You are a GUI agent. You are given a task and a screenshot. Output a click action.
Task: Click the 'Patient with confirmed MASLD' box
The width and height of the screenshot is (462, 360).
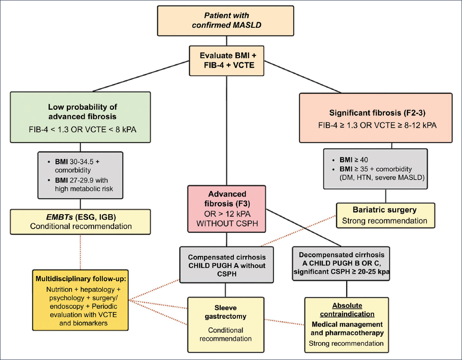click(x=226, y=21)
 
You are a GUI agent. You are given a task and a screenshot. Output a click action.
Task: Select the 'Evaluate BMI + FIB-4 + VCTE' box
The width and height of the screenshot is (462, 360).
click(x=226, y=60)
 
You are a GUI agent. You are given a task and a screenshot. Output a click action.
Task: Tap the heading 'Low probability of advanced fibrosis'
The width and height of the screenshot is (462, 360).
click(x=82, y=111)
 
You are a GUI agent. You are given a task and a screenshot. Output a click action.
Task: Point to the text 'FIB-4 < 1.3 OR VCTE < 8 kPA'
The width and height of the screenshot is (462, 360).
click(x=82, y=130)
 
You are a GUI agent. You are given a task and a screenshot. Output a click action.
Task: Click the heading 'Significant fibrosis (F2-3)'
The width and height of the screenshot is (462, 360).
click(x=377, y=113)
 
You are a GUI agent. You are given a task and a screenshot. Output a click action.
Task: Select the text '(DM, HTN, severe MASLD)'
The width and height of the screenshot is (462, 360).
click(x=382, y=178)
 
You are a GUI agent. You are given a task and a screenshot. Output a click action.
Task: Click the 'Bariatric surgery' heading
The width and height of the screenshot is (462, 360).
click(x=384, y=210)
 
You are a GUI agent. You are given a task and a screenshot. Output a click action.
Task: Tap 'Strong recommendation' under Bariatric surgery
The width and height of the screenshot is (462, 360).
click(x=384, y=221)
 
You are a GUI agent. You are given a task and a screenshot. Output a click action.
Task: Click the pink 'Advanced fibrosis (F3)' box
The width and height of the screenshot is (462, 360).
click(x=226, y=209)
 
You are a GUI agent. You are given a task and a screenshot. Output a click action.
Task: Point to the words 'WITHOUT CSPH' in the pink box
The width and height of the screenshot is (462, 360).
click(x=227, y=224)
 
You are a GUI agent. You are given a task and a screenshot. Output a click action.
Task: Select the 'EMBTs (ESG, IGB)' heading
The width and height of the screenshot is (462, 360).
click(x=81, y=217)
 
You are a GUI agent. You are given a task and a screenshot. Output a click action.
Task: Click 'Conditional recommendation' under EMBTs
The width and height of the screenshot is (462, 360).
click(x=81, y=226)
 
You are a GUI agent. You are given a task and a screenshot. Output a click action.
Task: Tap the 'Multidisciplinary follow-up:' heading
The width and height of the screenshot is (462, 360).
click(x=81, y=279)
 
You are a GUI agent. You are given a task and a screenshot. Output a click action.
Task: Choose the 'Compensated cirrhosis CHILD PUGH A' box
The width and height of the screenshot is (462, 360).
click(x=226, y=265)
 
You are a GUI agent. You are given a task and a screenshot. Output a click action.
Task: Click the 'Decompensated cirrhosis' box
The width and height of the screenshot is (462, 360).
click(x=341, y=263)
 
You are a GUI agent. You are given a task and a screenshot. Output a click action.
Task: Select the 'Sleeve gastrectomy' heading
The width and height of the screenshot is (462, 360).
click(x=226, y=312)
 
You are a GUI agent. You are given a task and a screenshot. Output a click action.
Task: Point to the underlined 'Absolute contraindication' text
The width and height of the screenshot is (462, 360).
click(x=347, y=310)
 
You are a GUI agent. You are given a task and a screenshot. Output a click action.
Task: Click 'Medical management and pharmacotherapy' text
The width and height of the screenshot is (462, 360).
click(x=347, y=328)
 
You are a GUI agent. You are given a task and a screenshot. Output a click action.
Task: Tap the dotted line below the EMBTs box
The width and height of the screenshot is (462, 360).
click(x=80, y=252)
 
